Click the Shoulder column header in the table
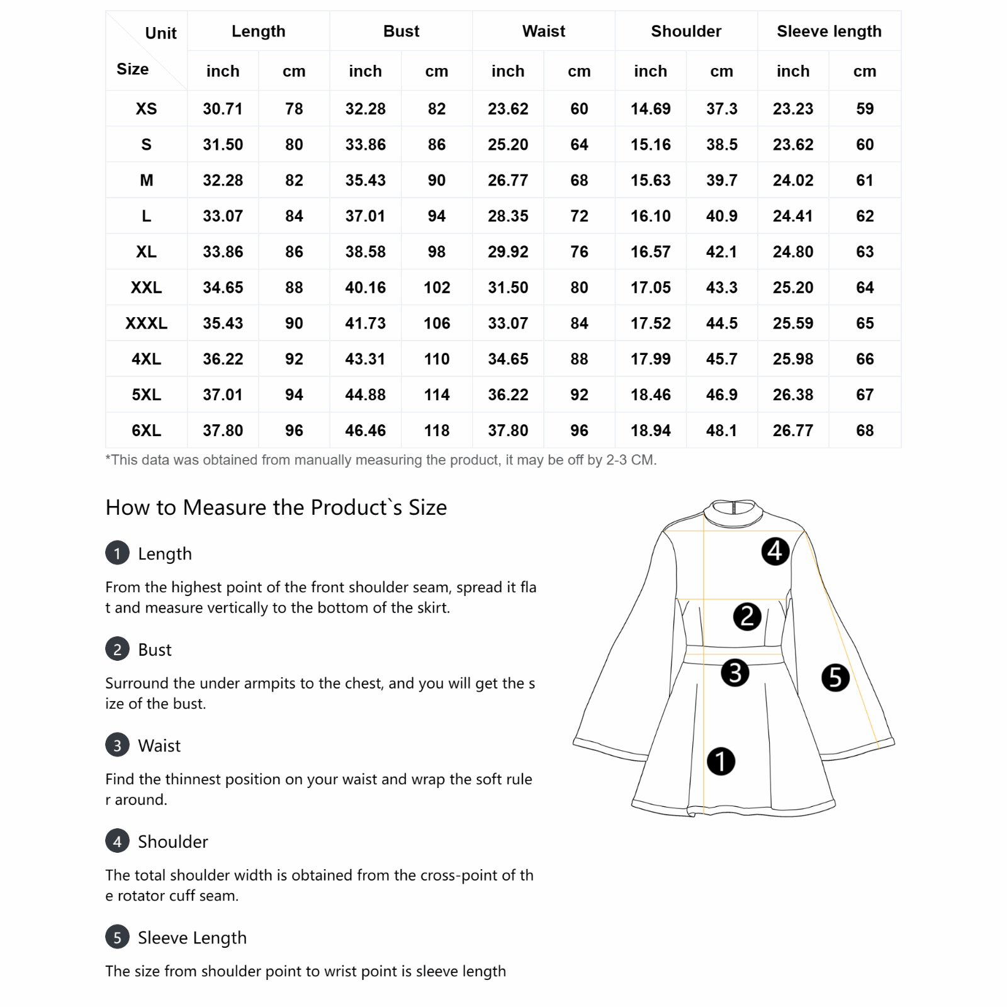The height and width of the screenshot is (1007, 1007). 686,31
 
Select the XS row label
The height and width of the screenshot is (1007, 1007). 146,109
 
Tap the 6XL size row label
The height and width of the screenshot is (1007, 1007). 146,430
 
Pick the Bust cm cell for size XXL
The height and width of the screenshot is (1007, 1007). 436,288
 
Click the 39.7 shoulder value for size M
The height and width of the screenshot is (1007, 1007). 721,181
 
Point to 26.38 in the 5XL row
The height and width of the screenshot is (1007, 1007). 793,395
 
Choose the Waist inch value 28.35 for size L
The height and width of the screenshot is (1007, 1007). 508,216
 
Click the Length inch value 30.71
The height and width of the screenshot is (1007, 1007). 222,109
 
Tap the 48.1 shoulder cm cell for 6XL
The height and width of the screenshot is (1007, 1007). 721,430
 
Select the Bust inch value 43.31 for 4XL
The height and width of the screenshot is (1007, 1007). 365,359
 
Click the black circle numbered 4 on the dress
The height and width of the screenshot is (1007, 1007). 775,551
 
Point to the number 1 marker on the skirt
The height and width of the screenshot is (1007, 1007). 721,761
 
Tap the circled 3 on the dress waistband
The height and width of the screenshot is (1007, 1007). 734,672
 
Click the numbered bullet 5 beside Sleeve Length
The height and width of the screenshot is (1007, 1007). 117,937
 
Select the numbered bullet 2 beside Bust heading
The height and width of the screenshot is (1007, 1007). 117,650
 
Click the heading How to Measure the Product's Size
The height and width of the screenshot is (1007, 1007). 276,507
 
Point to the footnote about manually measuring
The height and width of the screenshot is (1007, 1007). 381,460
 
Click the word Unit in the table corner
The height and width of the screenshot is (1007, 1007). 160,33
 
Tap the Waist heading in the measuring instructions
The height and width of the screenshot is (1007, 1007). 159,746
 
